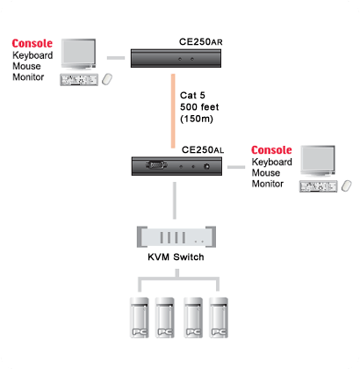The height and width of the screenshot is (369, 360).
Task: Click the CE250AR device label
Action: click(x=201, y=42)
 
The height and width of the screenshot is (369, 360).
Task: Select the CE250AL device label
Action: click(x=203, y=150)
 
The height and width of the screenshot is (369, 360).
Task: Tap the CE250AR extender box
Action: click(x=176, y=58)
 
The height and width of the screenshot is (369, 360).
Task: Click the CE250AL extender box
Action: click(x=176, y=166)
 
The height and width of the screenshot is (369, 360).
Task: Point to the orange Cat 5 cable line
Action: click(x=173, y=111)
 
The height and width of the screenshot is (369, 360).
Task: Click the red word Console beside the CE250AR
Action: click(x=32, y=43)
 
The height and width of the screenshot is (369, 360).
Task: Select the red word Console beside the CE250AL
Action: click(x=271, y=150)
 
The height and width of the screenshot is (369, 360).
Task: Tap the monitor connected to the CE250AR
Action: click(x=78, y=54)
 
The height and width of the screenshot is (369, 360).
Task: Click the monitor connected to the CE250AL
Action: click(x=318, y=161)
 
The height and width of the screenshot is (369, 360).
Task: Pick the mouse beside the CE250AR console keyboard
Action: click(x=107, y=79)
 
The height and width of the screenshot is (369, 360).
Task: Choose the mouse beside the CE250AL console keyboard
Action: click(x=347, y=185)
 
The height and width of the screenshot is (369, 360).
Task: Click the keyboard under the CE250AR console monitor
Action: click(x=79, y=80)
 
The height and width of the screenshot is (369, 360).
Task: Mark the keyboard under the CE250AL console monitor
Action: click(x=319, y=186)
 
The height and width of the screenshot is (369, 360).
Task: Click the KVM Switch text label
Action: click(x=176, y=257)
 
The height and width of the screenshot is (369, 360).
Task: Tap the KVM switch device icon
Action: click(x=176, y=237)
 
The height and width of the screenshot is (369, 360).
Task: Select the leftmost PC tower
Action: click(x=140, y=317)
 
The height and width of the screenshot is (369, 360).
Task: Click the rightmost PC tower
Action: click(x=219, y=317)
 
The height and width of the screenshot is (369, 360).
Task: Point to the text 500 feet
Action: click(x=199, y=107)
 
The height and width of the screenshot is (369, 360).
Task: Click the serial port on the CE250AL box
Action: click(x=156, y=165)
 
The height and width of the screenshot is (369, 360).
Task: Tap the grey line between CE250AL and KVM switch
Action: click(x=175, y=200)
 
